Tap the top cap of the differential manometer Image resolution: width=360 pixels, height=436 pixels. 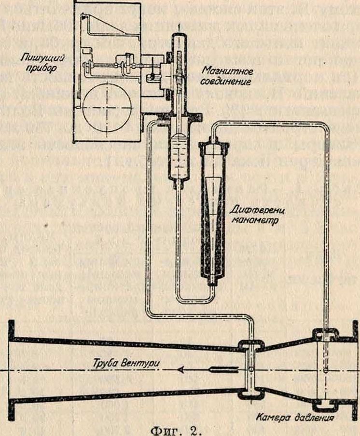212,142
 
